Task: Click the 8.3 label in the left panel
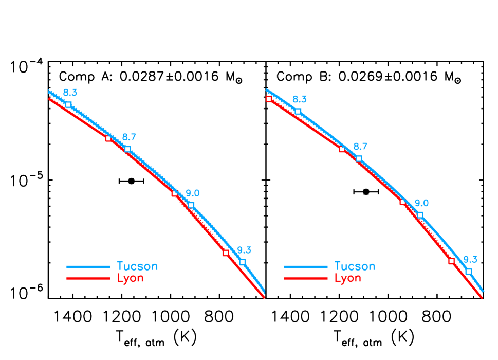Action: click(70, 93)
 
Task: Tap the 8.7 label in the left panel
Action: click(129, 137)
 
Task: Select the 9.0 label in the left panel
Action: click(193, 193)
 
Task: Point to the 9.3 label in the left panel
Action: click(244, 250)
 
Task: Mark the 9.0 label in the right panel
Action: click(421, 203)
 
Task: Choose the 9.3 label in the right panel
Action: click(470, 259)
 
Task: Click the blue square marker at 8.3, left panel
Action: click(68, 104)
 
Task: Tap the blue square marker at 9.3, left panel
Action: click(243, 262)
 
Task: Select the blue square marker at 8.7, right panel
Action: click(359, 158)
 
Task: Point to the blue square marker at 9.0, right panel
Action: click(420, 215)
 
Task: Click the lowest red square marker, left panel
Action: click(226, 253)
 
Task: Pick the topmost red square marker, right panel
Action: click(269, 99)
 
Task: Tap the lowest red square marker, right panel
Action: click(451, 261)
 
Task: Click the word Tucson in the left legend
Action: click(137, 266)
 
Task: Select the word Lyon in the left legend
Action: click(131, 278)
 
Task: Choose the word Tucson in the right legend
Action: click(355, 266)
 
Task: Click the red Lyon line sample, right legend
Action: click(306, 278)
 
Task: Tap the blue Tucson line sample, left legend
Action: click(88, 267)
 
